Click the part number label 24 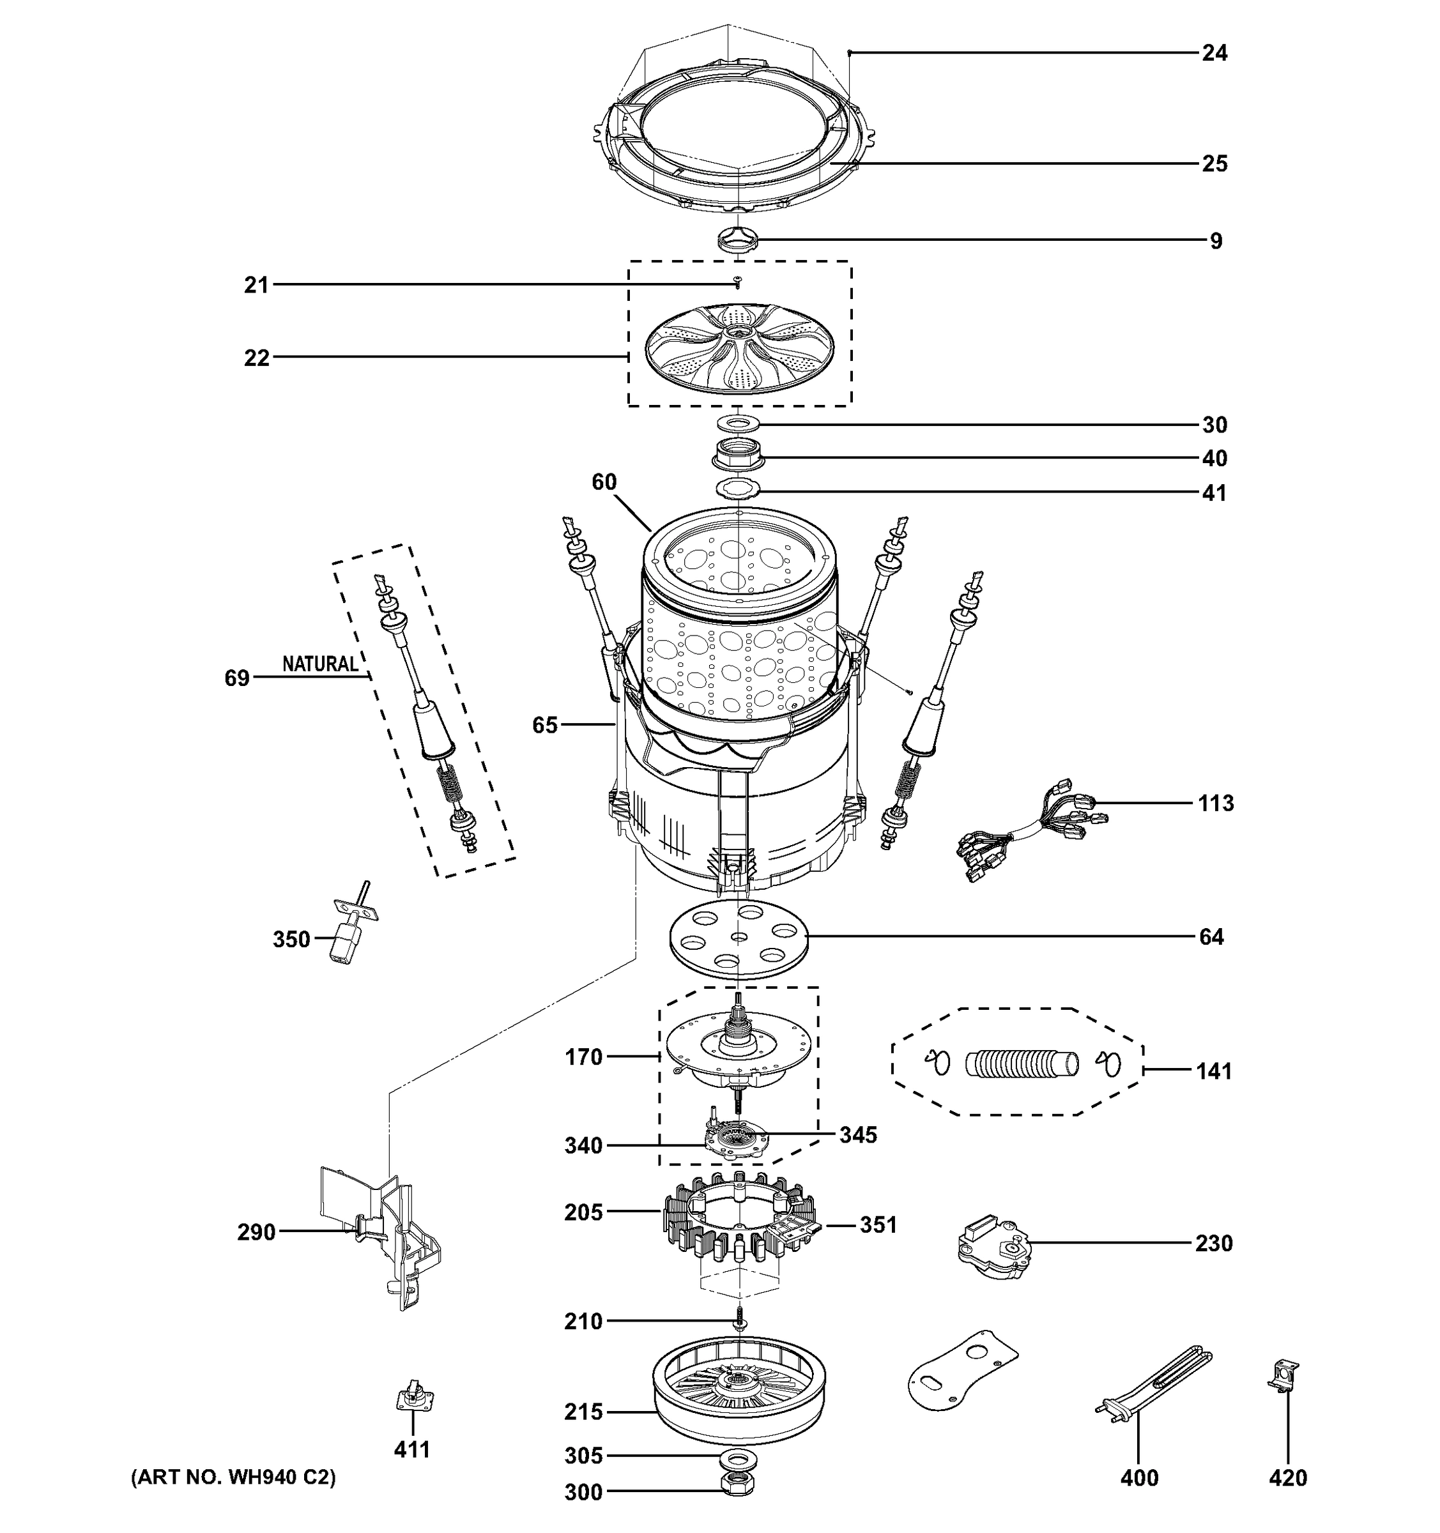click(x=1214, y=53)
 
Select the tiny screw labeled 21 click(x=738, y=283)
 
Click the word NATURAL click(x=320, y=664)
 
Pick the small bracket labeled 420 click(x=1284, y=1376)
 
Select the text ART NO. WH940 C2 click(x=233, y=1477)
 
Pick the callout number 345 click(x=858, y=1134)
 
